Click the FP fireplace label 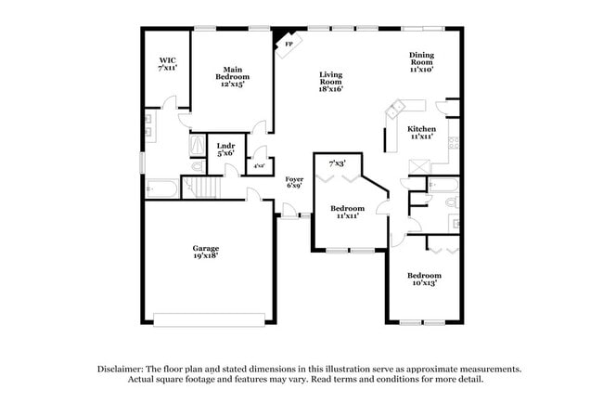pos(289,44)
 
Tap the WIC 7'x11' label pos(167,65)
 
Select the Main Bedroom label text pos(232,76)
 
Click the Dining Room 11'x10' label pos(422,61)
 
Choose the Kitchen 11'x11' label pos(422,133)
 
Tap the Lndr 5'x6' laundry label pos(225,149)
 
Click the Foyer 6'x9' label pos(294,181)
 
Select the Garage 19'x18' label pos(205,253)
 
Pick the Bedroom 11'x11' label pos(347,212)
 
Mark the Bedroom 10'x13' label pos(423,279)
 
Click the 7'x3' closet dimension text pos(337,163)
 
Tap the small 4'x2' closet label pos(260,166)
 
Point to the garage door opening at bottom pos(213,319)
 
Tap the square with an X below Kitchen pos(417,165)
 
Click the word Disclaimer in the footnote pos(122,369)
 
